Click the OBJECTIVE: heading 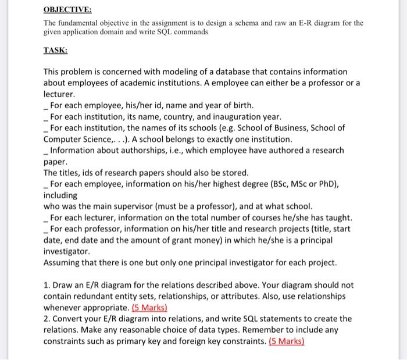[67, 10]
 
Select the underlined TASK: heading [56, 50]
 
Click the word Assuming [63, 263]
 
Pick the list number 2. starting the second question [48, 319]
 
